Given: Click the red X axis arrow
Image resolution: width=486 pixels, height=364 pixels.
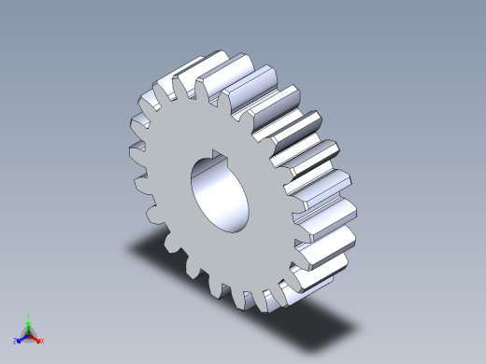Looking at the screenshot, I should coord(36,339).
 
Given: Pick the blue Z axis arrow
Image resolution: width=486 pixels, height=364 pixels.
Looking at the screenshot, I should coord(21,338).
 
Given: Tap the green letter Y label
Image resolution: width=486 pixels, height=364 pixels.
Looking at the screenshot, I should coord(29,316).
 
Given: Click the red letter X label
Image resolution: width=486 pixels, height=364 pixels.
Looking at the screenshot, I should coord(42,342).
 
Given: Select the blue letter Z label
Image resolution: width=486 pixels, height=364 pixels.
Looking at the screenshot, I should coord(16,342).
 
